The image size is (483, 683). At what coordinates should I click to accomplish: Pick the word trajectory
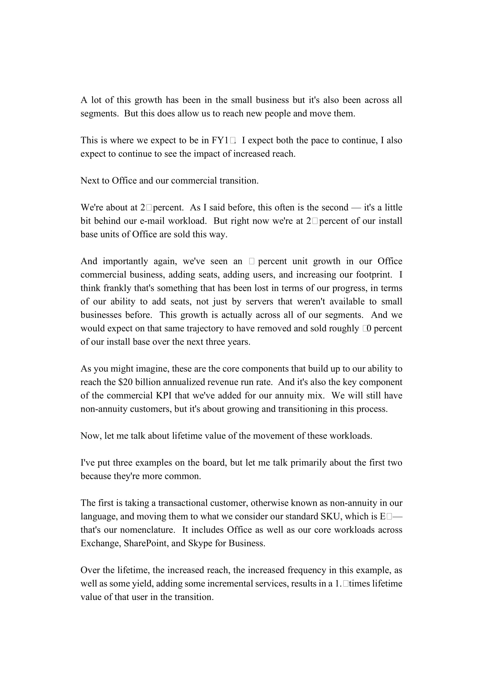205,329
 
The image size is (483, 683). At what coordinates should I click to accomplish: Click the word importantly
125,261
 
